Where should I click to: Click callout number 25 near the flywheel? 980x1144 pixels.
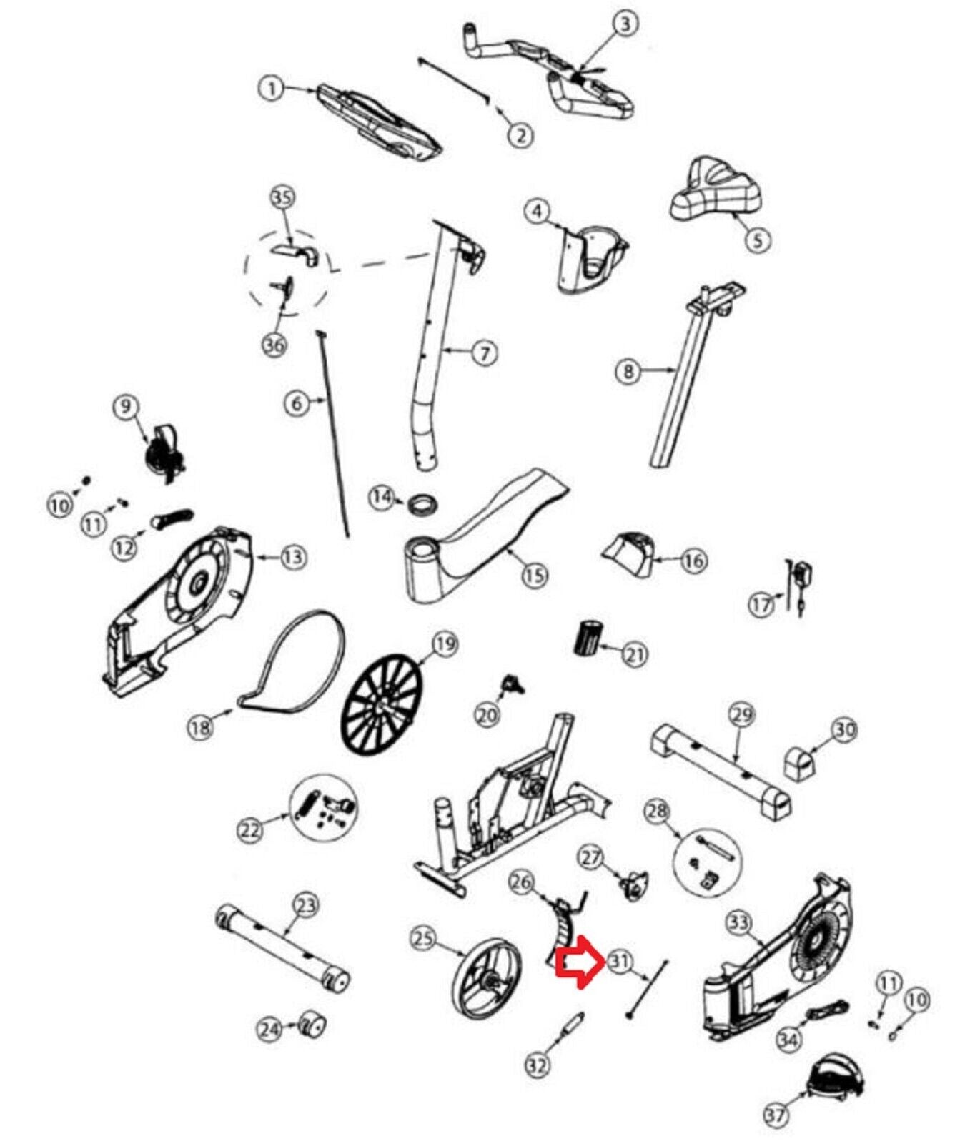click(425, 937)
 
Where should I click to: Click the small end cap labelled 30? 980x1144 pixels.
click(800, 764)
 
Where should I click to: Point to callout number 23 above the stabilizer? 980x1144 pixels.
click(305, 906)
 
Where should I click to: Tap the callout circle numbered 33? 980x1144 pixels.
click(738, 923)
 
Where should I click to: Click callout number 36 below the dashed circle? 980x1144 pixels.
click(274, 345)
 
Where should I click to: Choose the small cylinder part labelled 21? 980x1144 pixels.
click(588, 638)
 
